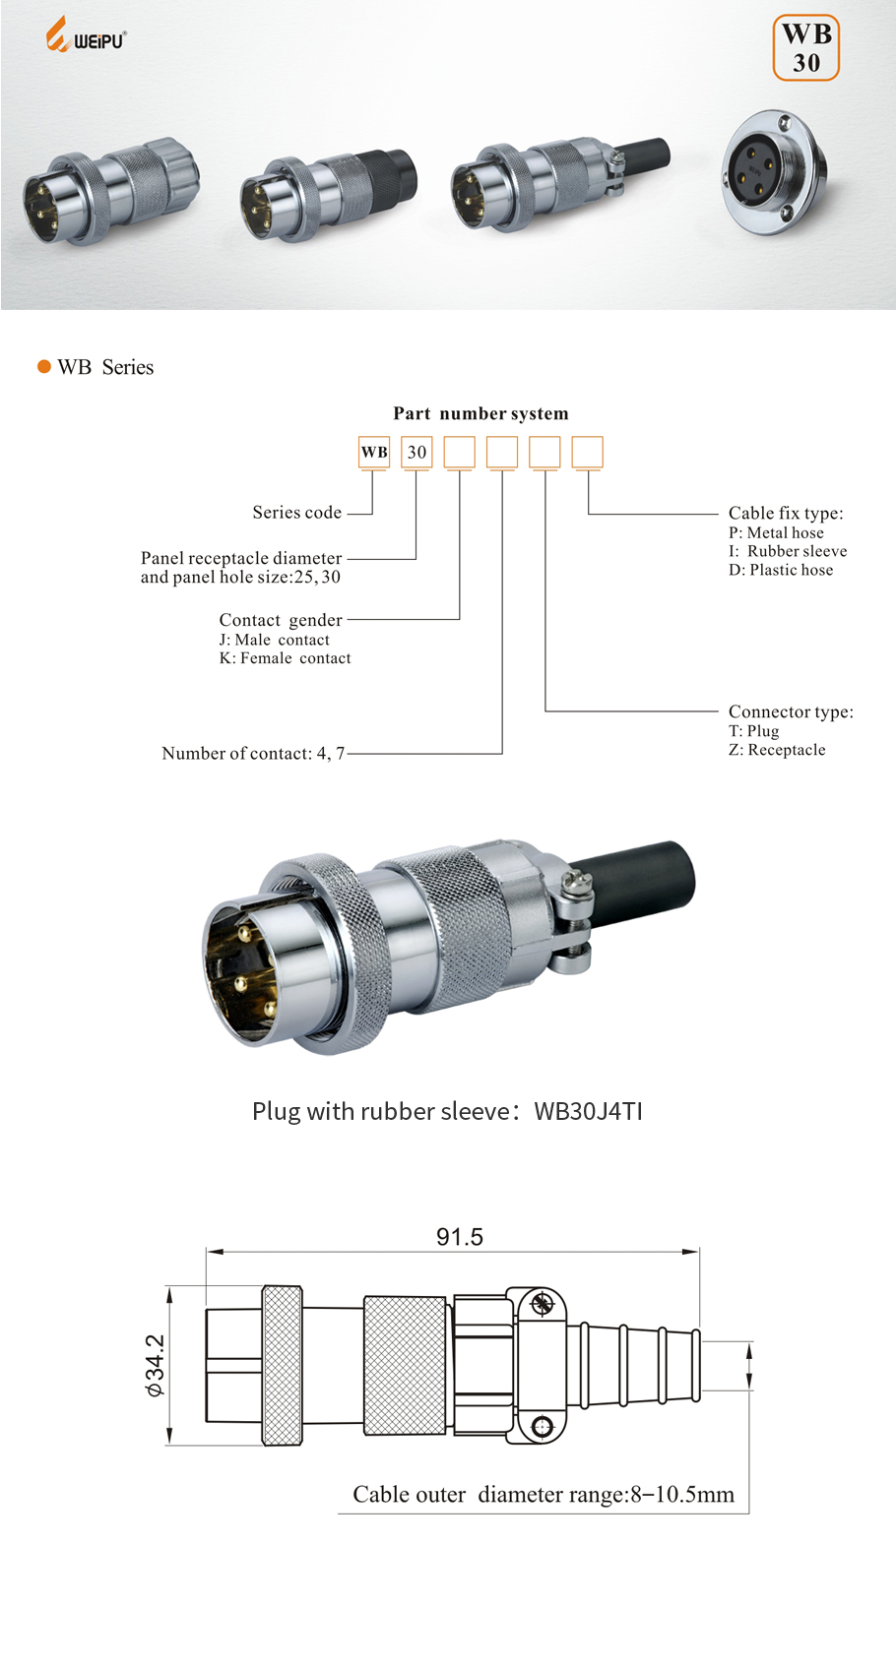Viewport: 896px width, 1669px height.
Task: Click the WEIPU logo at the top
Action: [x=86, y=36]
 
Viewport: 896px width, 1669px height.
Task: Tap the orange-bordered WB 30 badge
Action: [x=805, y=47]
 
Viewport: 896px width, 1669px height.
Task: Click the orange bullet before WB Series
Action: [x=43, y=367]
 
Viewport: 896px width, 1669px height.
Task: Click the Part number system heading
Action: [x=480, y=413]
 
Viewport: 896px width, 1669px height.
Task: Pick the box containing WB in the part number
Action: [x=374, y=452]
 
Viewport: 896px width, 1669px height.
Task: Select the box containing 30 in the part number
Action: [x=416, y=452]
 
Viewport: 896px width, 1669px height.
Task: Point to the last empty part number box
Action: [x=587, y=452]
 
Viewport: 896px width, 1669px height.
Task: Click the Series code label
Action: [x=296, y=513]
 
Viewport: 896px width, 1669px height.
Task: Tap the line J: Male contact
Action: [x=275, y=640]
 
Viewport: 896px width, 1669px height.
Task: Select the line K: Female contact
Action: [x=285, y=658]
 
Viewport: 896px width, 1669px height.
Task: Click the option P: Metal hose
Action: [x=776, y=532]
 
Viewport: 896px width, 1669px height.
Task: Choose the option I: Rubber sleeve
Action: [x=788, y=551]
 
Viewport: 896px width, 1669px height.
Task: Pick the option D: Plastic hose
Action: [x=781, y=570]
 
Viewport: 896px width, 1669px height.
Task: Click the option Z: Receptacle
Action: [x=777, y=750]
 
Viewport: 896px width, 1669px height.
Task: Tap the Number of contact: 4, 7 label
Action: [x=253, y=754]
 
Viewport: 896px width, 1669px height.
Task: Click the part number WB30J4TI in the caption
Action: [x=588, y=1111]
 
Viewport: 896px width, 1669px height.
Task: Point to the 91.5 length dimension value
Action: [x=460, y=1237]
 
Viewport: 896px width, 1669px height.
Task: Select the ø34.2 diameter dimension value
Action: [x=156, y=1365]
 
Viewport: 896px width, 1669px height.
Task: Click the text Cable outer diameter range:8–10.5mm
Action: [x=544, y=1495]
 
